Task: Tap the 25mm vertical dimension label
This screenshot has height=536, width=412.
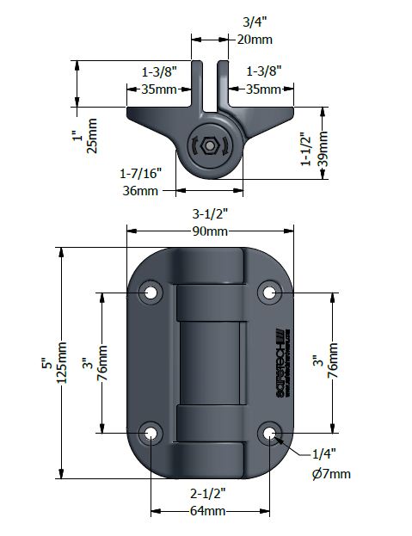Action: click(94, 136)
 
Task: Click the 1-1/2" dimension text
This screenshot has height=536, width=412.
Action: click(305, 148)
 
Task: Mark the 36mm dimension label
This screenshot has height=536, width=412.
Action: click(140, 189)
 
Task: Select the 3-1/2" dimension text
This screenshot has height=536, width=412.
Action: click(210, 214)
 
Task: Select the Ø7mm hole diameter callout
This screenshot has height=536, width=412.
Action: click(331, 474)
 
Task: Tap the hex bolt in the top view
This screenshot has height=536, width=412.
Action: click(210, 147)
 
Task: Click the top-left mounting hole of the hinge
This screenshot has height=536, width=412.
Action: click(151, 293)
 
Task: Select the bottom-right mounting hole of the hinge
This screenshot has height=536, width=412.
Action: click(271, 433)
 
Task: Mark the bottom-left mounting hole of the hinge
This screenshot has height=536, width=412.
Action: click(151, 433)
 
